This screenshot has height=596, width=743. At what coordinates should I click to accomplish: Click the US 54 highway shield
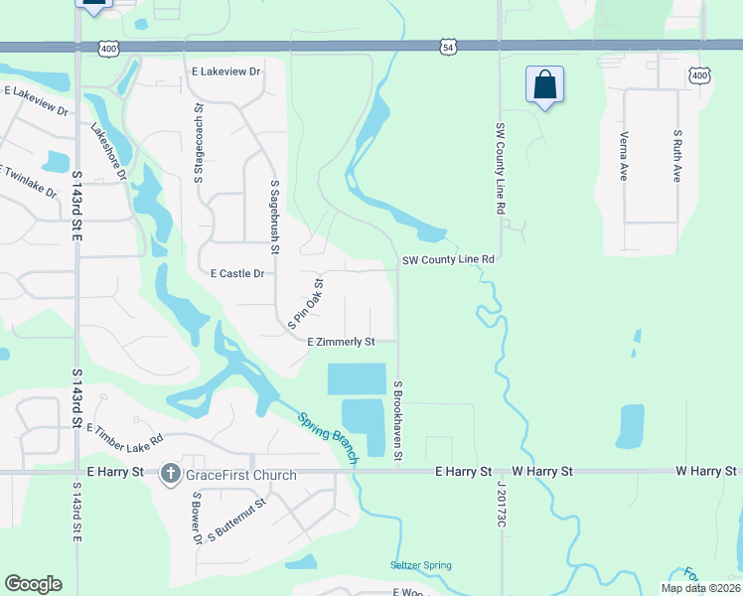coord(449,47)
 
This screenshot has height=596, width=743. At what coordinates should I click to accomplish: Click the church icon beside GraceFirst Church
coord(171,474)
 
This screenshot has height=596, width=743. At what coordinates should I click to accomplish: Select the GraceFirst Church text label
coord(241,475)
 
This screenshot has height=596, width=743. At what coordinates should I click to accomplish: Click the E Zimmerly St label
coord(341,342)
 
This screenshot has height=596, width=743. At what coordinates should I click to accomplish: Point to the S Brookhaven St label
coord(397,420)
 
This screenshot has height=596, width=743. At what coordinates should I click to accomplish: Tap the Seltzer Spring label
coord(420,565)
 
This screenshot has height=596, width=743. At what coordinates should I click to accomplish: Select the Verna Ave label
coord(624,154)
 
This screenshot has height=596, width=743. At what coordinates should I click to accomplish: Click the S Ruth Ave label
coord(677,155)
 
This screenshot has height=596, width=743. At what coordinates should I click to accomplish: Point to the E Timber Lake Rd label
coord(124,435)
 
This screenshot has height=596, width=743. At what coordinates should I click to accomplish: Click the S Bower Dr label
coord(197,519)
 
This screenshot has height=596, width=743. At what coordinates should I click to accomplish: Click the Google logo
coord(34,584)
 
